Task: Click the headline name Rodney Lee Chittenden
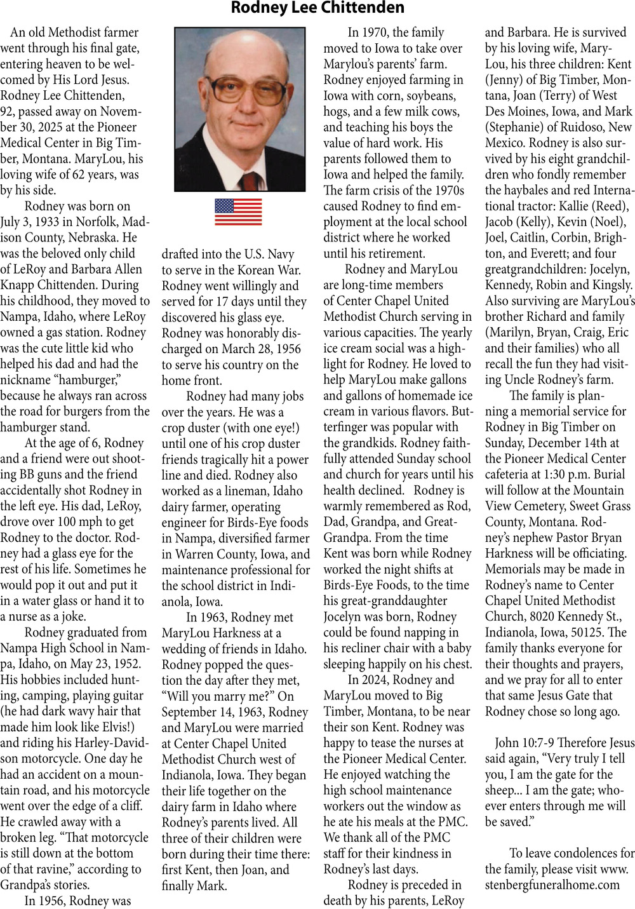pos(317,8)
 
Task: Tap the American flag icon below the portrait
pos(238,212)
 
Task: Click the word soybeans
pos(428,96)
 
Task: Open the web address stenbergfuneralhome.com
pos(552,885)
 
